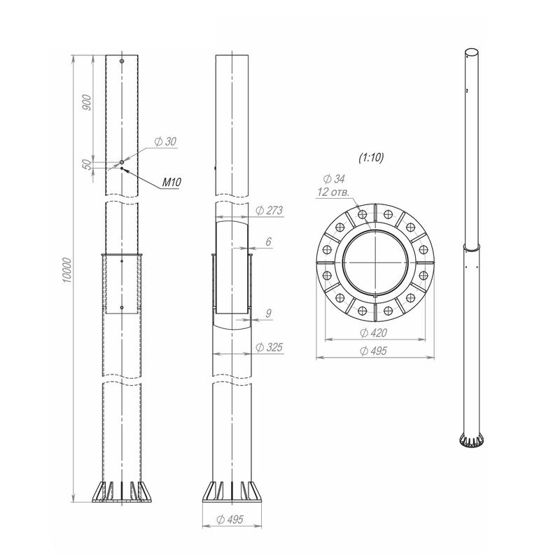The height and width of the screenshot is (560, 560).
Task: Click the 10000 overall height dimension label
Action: click(x=67, y=270)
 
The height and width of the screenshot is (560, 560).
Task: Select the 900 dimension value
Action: click(x=87, y=102)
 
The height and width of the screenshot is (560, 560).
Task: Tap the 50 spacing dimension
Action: click(x=87, y=164)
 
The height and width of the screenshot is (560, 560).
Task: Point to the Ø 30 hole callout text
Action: click(x=165, y=141)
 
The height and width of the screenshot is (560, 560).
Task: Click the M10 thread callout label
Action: click(x=171, y=182)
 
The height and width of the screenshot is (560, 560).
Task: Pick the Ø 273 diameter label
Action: click(x=269, y=211)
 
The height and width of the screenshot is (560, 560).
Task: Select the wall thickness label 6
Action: click(x=268, y=241)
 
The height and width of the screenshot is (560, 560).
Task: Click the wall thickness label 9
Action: click(x=269, y=313)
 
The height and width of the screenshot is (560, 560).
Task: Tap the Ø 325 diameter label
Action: click(x=269, y=347)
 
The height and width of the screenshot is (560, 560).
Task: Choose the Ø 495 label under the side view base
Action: click(x=230, y=519)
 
